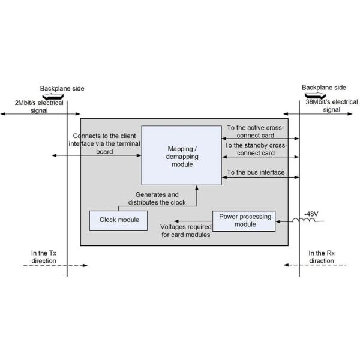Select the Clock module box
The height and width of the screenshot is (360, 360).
pos(119,220)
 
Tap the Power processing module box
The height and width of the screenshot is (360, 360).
pos(244,220)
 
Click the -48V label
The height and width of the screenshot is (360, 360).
pos(311,214)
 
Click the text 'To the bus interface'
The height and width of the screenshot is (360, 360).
pos(256,173)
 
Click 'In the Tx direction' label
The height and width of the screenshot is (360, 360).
pos(44,257)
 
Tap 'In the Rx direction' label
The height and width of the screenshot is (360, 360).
pos(321,257)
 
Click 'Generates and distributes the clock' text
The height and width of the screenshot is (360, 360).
pos(157,199)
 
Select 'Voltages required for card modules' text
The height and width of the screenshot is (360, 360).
pos(185,231)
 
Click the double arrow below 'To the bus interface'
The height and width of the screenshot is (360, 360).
pos(260,179)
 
